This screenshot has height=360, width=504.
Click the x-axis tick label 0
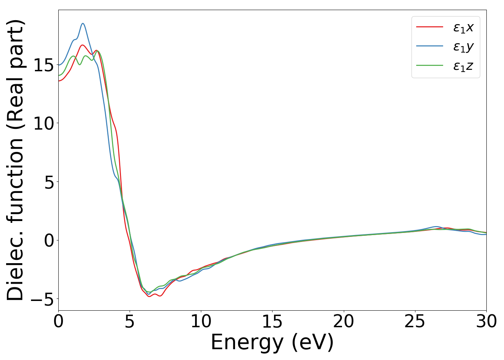[x=58, y=321]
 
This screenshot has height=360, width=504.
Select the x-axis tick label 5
[x=130, y=321]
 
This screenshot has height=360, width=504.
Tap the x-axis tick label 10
[x=201, y=321]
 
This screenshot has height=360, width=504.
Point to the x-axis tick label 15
[x=272, y=321]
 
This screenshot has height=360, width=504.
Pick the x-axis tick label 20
[x=343, y=321]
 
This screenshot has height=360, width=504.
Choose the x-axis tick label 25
[x=415, y=321]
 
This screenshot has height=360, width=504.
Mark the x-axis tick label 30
[x=486, y=321]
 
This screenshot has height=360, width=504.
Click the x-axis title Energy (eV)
[x=272, y=342]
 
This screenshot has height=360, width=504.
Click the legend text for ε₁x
[x=463, y=27]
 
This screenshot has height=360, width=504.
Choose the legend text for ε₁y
[x=463, y=47]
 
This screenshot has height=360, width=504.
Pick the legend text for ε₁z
[x=463, y=66]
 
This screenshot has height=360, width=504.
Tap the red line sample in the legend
[x=429, y=27]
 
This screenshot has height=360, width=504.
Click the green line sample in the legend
[x=429, y=66]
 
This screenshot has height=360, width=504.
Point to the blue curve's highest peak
[x=83, y=23]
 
